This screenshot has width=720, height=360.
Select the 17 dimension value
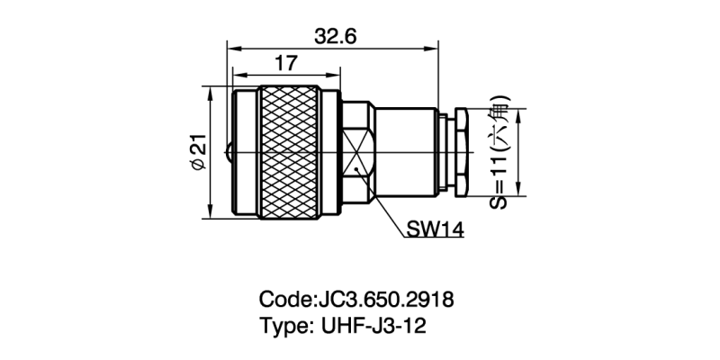(x=285, y=64)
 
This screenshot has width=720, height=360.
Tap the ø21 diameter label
(x=199, y=153)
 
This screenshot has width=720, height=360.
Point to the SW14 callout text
(x=434, y=230)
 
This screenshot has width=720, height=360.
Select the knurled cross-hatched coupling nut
(x=291, y=153)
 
